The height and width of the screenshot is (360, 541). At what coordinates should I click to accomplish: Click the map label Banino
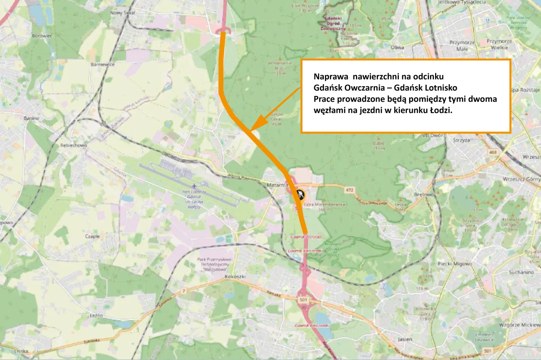(x=31, y=118)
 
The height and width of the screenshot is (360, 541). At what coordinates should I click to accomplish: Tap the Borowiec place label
(x=42, y=36)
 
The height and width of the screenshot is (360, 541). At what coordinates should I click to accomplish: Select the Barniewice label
(x=102, y=65)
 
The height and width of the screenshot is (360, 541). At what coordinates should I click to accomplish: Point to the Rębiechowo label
(x=73, y=145)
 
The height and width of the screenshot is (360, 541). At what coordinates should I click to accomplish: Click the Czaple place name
(x=92, y=236)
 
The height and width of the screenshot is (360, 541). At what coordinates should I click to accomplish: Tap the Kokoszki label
(x=235, y=277)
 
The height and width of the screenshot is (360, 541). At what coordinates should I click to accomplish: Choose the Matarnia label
(x=277, y=185)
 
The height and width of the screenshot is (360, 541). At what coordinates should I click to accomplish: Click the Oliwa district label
(x=397, y=48)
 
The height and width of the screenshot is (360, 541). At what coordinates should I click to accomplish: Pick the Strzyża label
(x=461, y=140)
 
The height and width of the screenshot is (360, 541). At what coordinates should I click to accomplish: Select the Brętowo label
(x=424, y=195)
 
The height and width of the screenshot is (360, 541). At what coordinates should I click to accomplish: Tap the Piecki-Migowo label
(x=455, y=264)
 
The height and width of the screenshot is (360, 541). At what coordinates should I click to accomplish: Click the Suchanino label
(x=521, y=272)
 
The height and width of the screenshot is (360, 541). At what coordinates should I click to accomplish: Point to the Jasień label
(x=405, y=339)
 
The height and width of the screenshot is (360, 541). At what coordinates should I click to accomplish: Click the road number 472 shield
(x=349, y=190)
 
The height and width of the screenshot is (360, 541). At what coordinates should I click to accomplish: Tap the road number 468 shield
(x=493, y=152)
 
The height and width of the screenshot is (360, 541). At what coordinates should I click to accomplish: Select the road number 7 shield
(x=184, y=291)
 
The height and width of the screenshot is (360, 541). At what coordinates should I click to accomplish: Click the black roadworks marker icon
(x=299, y=194)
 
